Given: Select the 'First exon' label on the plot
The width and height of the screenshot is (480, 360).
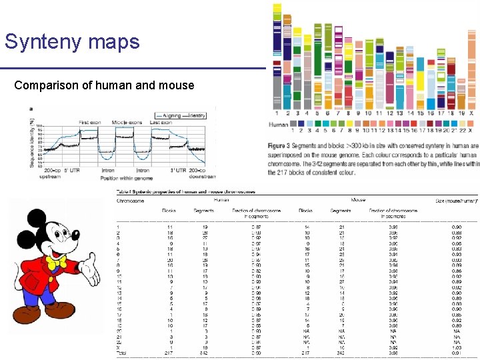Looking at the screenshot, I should (92, 122).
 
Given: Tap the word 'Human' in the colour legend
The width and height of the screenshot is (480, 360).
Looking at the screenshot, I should (278, 124).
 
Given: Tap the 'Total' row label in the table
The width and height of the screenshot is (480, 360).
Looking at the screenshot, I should (121, 353).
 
